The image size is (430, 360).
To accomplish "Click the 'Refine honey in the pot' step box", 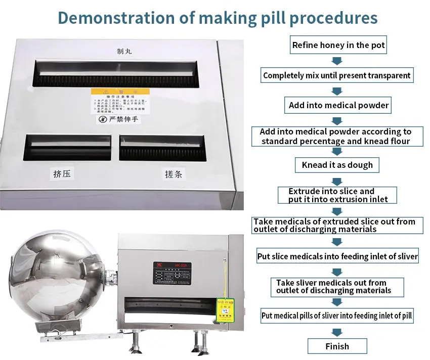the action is (338, 45).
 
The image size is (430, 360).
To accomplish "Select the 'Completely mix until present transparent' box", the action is (337, 75).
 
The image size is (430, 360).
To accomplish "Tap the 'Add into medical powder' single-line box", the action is (338, 105).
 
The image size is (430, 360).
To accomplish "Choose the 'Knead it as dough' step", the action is (337, 165).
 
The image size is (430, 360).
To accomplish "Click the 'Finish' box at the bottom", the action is (337, 346).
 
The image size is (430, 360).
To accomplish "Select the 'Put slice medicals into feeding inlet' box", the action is (337, 256).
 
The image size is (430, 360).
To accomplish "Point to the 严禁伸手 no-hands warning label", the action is (117, 120).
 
